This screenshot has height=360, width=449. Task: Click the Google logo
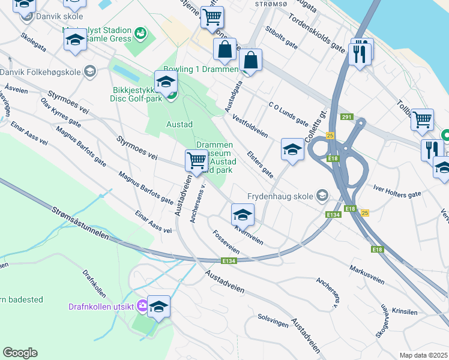20,353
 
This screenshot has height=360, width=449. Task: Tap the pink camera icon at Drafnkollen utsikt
142,306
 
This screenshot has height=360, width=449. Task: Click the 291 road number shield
346,117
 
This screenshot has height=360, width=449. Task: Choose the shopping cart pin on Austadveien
197,160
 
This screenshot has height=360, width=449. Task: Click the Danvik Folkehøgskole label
40,72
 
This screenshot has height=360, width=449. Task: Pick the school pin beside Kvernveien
243,214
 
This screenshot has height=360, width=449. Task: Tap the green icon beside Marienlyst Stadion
140,32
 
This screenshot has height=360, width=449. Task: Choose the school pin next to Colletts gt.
292,149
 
